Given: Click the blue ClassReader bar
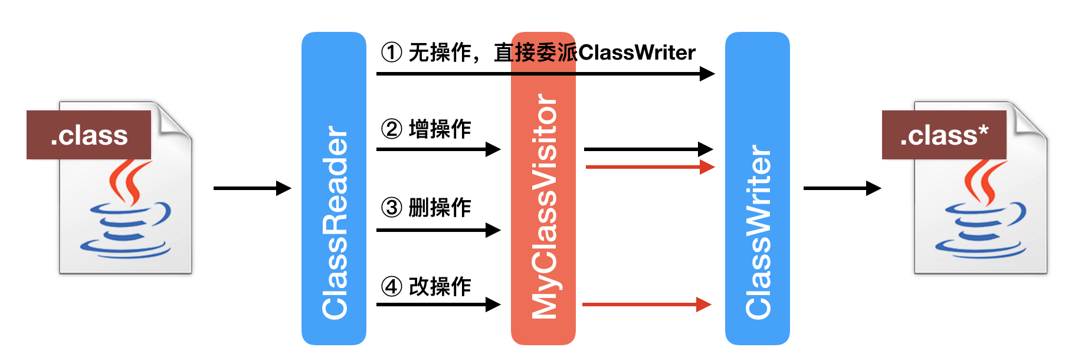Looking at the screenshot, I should tap(333, 189).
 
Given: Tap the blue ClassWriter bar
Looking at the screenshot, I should tap(757, 189).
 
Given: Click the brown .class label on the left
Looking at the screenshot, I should tap(89, 135).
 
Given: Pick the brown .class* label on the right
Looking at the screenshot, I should tap(943, 135).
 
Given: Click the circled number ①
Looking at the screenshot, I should tap(392, 53).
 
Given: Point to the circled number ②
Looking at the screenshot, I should tap(392, 129).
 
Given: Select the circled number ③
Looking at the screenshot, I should tap(392, 208).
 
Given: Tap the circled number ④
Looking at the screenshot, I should tap(392, 287).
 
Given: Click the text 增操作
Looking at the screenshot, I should tap(440, 129).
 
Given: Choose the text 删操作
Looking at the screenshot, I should tap(440, 208).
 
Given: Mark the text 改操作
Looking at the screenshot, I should tap(440, 287).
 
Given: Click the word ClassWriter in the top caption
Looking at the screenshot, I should tap(637, 53).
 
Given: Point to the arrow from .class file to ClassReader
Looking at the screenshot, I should tap(252, 188).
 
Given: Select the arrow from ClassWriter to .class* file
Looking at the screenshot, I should tap(842, 188).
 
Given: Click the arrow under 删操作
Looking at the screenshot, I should tap(438, 230).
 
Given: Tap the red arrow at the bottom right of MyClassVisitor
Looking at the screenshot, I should tap(646, 305).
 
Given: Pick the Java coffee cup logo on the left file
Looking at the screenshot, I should tap(126, 212).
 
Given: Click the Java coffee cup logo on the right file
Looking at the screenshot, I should tap(981, 212).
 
